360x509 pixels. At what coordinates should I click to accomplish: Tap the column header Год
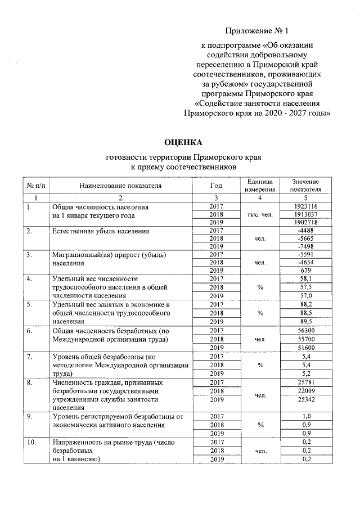(216, 186)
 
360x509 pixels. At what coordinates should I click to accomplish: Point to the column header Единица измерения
(260, 186)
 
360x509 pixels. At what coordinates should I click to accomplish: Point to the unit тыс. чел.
(260, 214)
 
